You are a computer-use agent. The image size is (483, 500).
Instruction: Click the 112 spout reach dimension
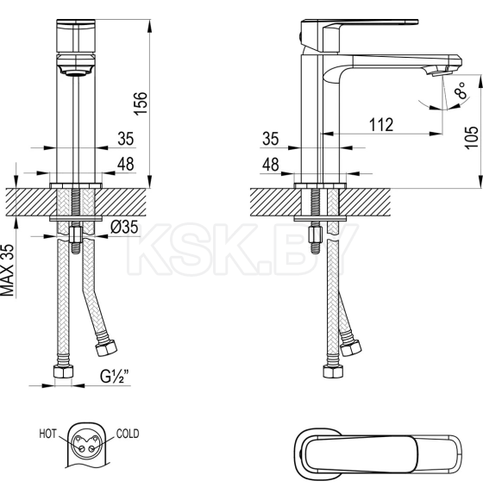[x=379, y=125]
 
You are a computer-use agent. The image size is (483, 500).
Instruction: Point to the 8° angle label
[x=461, y=89]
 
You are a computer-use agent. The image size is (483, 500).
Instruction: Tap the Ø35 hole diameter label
[x=125, y=228]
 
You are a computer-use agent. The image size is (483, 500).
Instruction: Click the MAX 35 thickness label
[x=9, y=270]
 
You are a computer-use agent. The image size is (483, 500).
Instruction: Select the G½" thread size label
[x=115, y=376]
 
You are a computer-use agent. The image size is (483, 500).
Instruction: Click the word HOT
[x=47, y=434]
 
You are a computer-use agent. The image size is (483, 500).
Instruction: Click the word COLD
[x=127, y=434]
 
